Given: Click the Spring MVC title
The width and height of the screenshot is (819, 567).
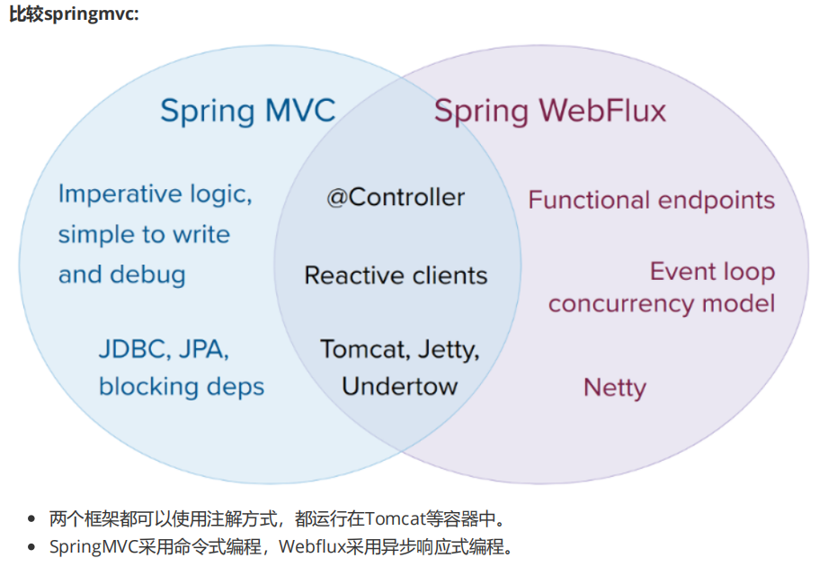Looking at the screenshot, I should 247,111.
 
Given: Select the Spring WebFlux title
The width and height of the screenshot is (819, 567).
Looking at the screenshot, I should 550,111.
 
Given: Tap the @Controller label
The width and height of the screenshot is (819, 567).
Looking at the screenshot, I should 396,197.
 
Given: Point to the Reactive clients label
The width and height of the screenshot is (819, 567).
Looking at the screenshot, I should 396,275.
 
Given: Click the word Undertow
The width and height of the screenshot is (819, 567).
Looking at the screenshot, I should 399,387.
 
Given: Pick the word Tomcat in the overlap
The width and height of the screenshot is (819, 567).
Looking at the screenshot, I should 357,349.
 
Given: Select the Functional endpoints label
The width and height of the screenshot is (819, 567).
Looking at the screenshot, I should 652,200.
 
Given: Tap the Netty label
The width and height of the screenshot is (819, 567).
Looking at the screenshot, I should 615,388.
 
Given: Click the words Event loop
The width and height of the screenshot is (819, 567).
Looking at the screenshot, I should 712,271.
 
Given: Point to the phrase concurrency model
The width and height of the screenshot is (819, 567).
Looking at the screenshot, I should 662,303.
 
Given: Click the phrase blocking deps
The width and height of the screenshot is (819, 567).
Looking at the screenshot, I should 182,387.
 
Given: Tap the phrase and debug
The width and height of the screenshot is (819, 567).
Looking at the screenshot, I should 122,274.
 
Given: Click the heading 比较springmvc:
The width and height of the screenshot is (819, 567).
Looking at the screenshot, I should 74,15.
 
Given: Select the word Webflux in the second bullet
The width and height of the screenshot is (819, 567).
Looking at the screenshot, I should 309,546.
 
